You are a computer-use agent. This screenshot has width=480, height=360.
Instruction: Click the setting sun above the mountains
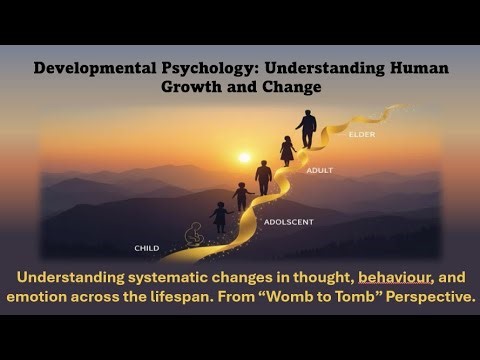tap(244, 157)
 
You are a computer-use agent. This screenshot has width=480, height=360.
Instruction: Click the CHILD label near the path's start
tap(147, 247)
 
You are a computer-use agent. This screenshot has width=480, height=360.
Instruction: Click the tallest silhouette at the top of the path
tap(307, 128)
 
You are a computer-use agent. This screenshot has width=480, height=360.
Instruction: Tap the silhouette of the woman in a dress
tap(288, 150)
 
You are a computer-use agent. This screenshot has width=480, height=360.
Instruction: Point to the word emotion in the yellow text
tap(46, 297)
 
